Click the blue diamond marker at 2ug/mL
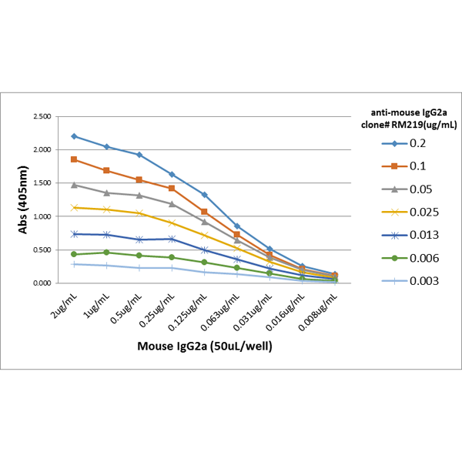tap(74, 136)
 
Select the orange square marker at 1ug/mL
tap(107, 170)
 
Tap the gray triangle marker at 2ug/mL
tap(74, 185)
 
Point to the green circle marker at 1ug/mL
tap(107, 253)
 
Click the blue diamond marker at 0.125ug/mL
tap(204, 195)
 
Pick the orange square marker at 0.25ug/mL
tap(172, 188)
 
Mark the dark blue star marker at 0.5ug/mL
tap(139, 239)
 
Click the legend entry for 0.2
tap(403, 143)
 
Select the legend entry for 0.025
tap(410, 213)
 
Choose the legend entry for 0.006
tap(410, 258)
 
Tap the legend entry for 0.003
tap(410, 281)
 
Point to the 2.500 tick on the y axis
tap(42, 116)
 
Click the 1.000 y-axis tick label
tap(42, 216)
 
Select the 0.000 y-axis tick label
tap(42, 283)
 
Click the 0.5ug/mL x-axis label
tap(126, 309)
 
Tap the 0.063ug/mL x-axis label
tap(220, 313)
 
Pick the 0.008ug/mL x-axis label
tap(318, 313)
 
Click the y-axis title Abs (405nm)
tap(22, 199)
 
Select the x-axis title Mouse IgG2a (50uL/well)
tap(205, 346)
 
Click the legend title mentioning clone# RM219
tap(409, 119)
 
